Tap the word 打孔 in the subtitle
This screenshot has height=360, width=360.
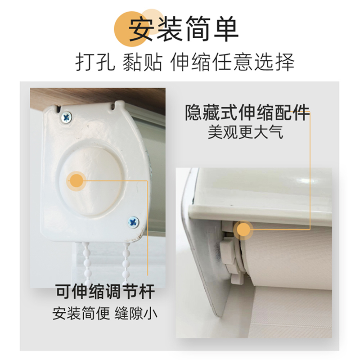click(93, 63)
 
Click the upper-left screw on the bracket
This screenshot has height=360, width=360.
click(67, 117)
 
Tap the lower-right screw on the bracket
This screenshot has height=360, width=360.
click(134, 221)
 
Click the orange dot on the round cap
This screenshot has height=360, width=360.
click(77, 181)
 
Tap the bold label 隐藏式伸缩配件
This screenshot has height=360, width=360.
click(247, 113)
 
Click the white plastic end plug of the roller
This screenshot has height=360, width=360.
click(230, 256)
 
